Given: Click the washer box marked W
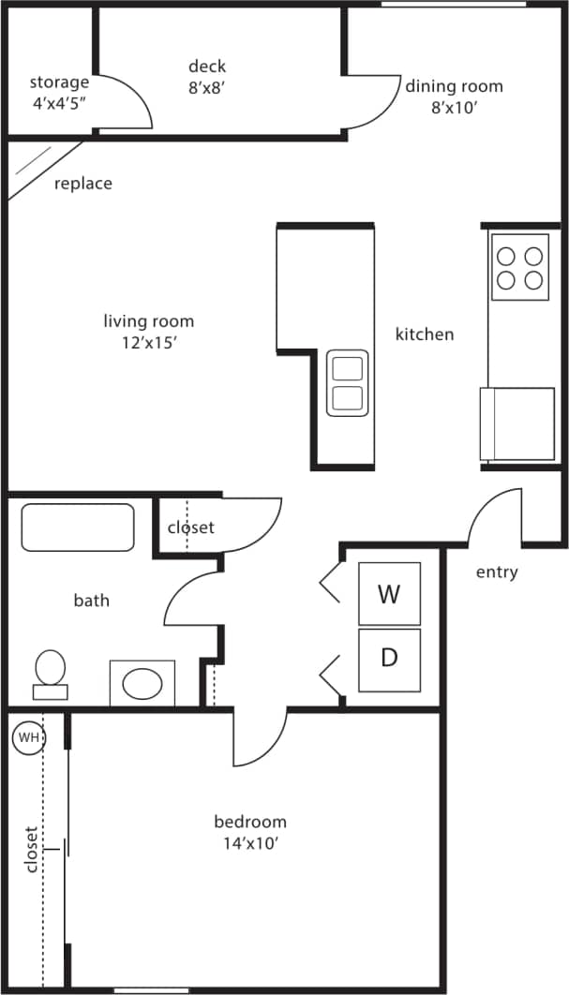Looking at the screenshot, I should (x=389, y=593).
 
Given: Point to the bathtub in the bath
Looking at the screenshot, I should (x=78, y=527).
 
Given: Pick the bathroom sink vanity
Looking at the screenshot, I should (x=142, y=682).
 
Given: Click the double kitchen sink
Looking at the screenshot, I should (x=347, y=382).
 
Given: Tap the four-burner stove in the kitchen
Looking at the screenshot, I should (x=520, y=267).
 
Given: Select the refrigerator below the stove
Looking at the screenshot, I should (x=518, y=423).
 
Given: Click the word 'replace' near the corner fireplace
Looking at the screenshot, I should (x=82, y=184).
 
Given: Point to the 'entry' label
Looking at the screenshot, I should (x=496, y=572).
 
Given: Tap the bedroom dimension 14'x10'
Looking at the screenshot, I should (x=250, y=842).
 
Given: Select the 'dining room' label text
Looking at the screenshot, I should (x=454, y=86).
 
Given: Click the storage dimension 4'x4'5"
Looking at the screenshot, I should (x=59, y=102).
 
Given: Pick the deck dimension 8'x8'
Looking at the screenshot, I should (x=207, y=87).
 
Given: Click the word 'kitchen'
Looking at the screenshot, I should (x=424, y=334).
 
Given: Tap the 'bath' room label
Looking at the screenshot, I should (x=91, y=600).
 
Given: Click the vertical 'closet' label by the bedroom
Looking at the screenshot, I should (x=31, y=849).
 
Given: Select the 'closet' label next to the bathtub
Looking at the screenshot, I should (x=190, y=527).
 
